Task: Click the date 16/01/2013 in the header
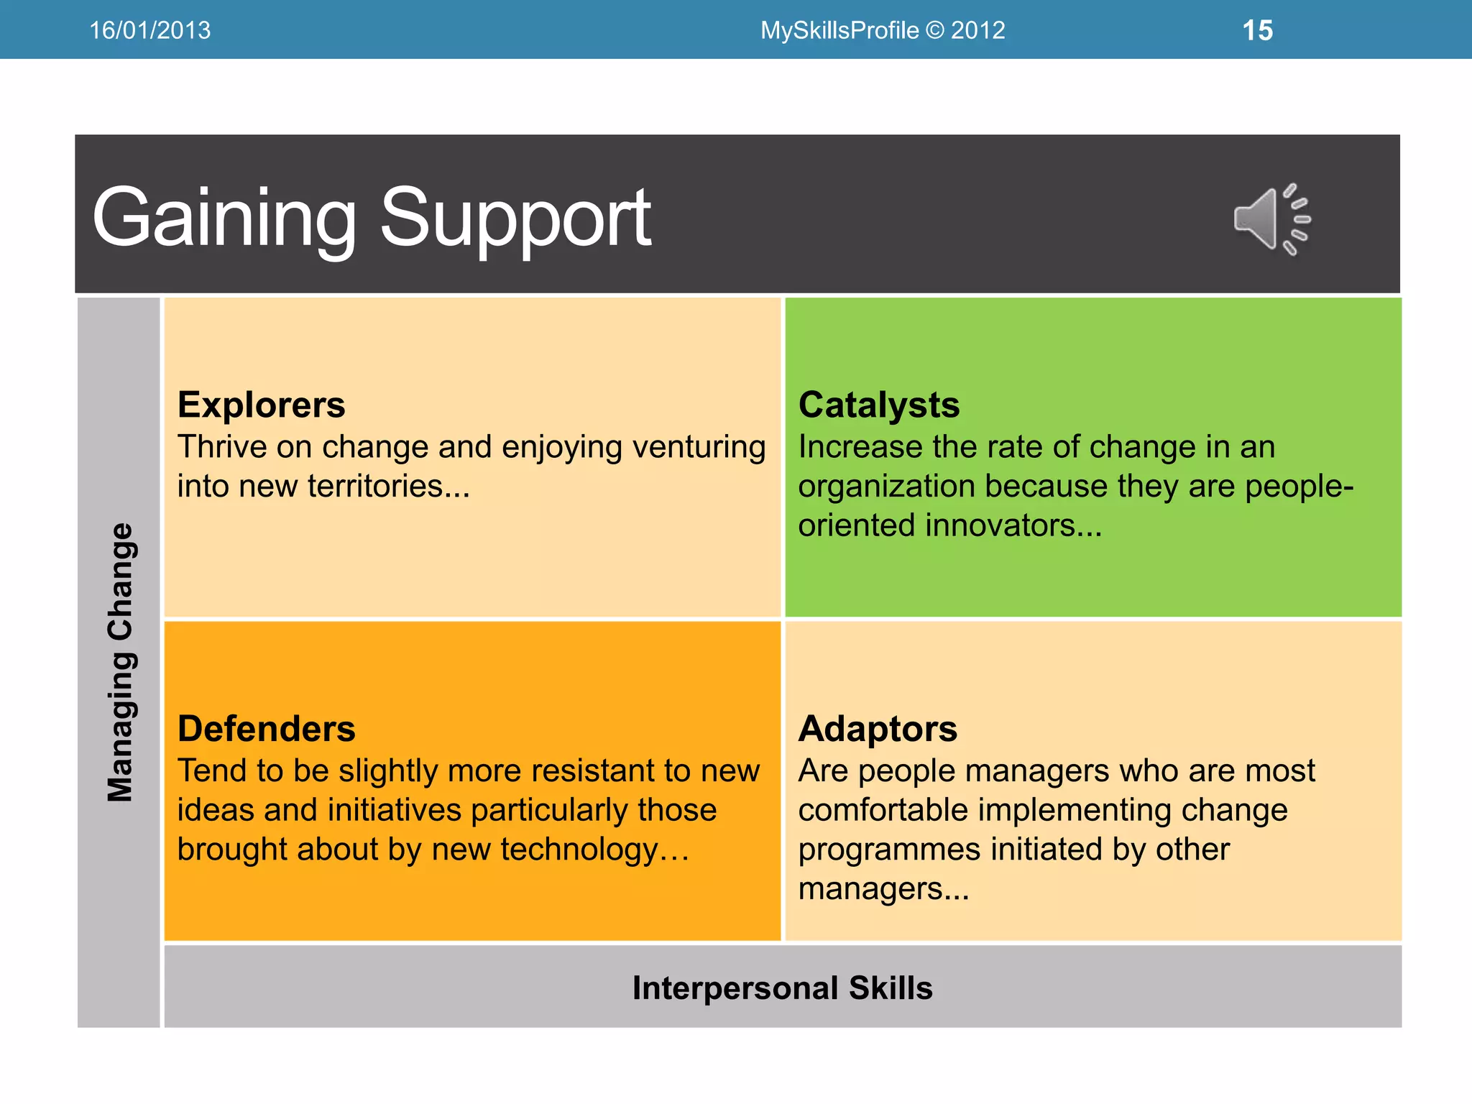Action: [149, 30]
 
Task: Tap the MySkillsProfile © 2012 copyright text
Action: [882, 30]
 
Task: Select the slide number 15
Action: [1257, 31]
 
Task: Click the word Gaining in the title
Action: [224, 218]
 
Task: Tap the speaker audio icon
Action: [1271, 218]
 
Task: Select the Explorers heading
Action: [261, 405]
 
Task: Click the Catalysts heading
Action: [878, 405]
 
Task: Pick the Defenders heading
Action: [266, 729]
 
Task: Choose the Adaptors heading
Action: [878, 729]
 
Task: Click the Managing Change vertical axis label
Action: [120, 662]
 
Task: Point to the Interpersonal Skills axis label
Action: [782, 988]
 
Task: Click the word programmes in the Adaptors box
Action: [888, 850]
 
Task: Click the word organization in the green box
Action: [886, 487]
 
